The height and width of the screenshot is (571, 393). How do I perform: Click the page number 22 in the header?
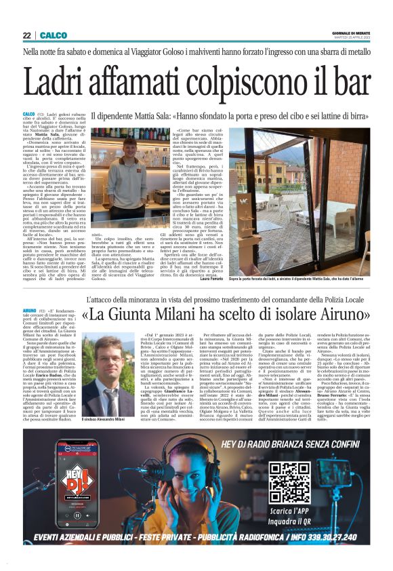pyautogui.click(x=27, y=35)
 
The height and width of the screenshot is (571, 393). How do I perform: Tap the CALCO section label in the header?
pyautogui.click(x=51, y=35)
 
